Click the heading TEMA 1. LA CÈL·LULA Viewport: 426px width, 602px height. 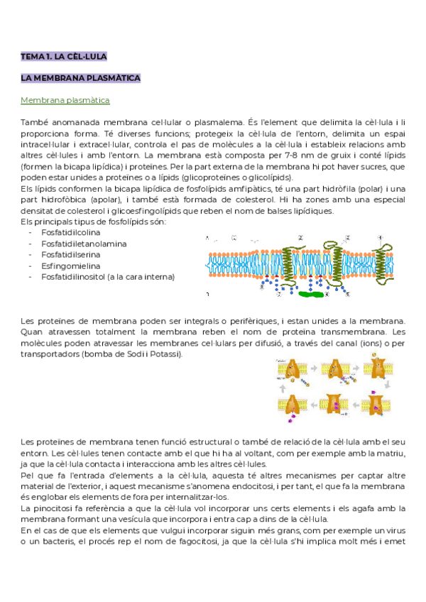click(x=64, y=55)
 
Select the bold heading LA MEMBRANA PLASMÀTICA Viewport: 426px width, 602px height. click(x=81, y=78)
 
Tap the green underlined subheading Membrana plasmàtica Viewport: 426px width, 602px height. click(x=65, y=101)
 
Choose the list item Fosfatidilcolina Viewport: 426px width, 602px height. click(x=70, y=232)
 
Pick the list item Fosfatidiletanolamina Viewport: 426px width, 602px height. click(x=84, y=243)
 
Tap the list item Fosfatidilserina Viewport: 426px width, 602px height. click(x=70, y=254)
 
